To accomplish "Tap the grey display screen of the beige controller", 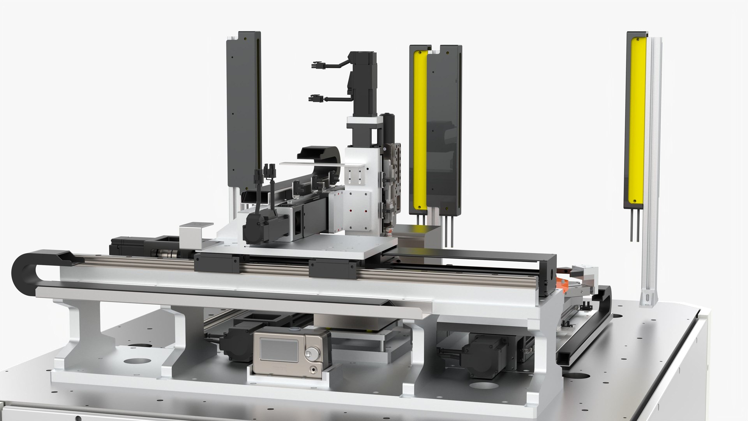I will (278, 349).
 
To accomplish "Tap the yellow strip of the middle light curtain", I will (420, 129).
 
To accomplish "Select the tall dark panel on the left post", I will (243, 109).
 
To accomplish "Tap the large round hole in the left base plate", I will (139, 360).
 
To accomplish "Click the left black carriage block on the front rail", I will (217, 263).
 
